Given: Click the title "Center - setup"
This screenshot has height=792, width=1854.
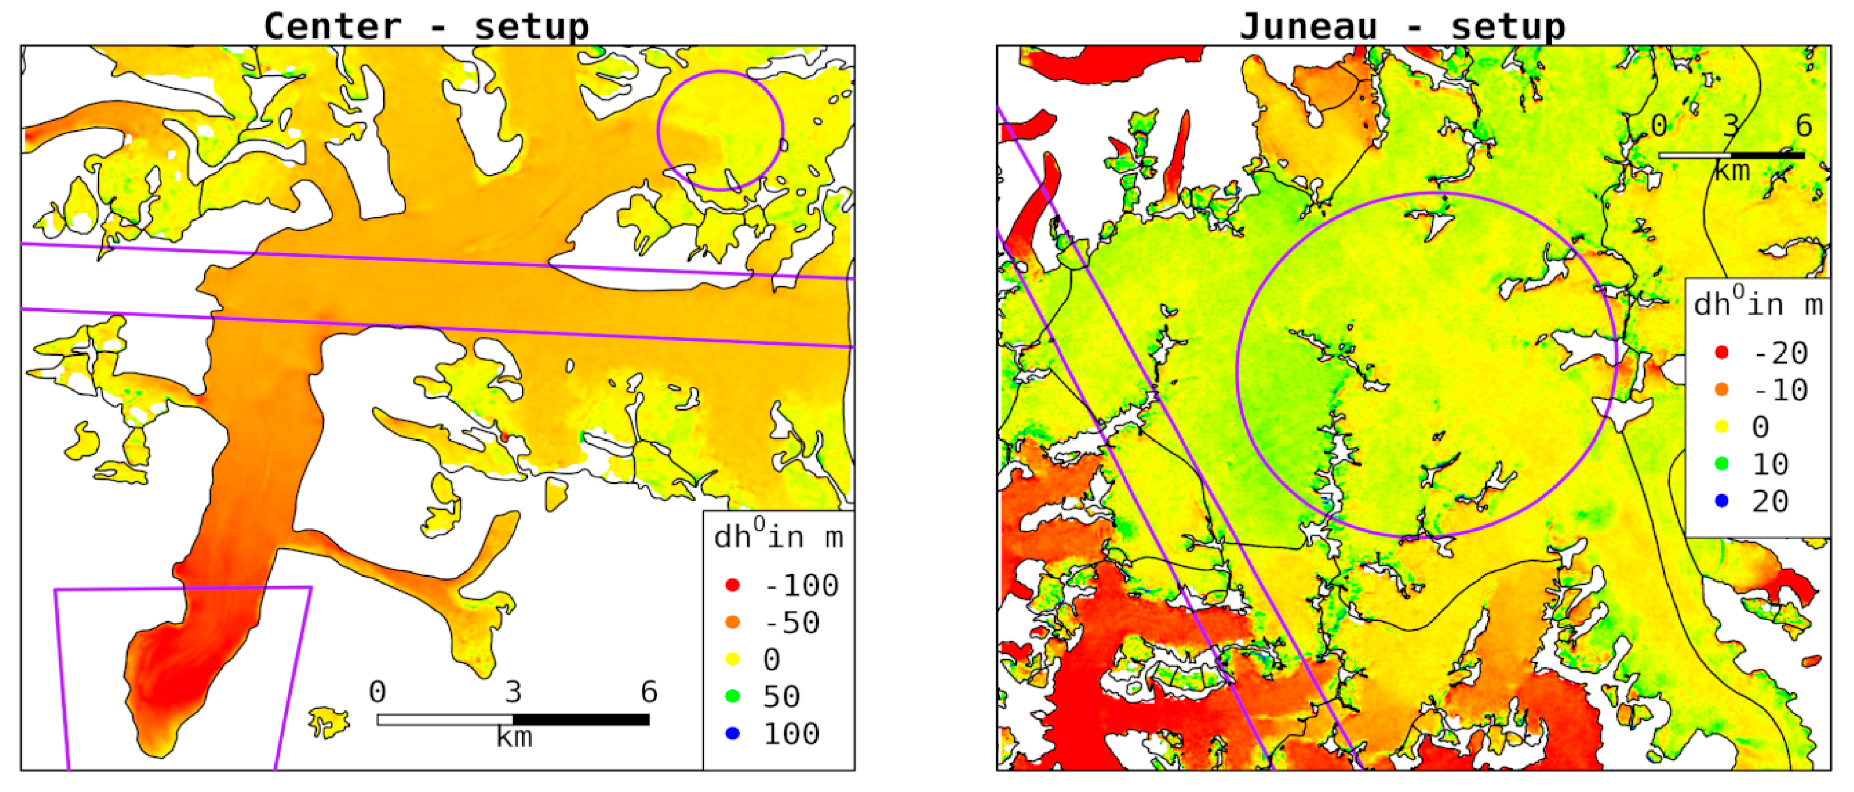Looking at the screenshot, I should pos(426,26).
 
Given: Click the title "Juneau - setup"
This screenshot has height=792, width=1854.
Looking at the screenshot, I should pos(1402,26).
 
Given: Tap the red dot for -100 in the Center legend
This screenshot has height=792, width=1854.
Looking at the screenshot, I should pos(732,585).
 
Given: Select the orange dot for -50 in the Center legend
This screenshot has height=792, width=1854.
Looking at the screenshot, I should pos(732,622).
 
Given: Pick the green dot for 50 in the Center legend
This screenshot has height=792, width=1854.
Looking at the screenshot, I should pos(732,696).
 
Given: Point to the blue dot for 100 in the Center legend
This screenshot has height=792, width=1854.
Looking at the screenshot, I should pos(732,733).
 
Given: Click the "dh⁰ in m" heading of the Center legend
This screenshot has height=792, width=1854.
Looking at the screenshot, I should pos(777,537).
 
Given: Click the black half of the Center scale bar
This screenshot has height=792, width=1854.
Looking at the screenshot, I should pos(581,719).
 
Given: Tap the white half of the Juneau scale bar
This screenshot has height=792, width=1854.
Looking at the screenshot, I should pos(1695,156).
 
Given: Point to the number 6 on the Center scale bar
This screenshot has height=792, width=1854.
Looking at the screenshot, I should pos(649,692).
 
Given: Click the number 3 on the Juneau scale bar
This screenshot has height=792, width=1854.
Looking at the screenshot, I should pos(1731,126).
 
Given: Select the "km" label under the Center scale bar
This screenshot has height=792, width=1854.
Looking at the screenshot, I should pos(514,737).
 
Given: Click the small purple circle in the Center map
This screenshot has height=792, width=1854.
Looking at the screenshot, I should pos(720,71).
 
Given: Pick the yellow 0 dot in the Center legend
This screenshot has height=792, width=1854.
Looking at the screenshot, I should pos(732,659).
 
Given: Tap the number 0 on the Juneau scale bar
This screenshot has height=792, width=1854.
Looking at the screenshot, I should pos(1659,126).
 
